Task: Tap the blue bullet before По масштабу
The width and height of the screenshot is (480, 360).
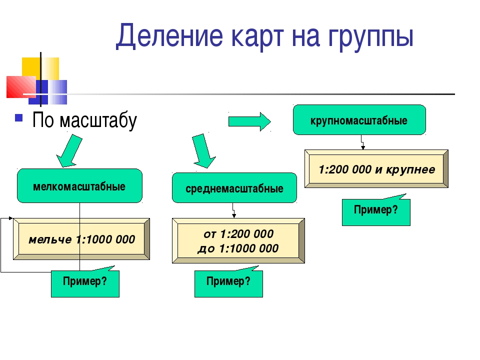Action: [19, 118]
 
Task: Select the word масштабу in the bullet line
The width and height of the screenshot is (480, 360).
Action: [98, 120]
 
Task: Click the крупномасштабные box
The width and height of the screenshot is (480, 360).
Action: [359, 119]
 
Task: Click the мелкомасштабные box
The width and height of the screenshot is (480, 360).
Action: [79, 186]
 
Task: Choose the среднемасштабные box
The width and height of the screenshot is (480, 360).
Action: [234, 187]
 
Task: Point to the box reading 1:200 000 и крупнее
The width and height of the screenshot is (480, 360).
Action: [376, 168]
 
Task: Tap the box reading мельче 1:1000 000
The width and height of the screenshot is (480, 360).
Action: [81, 239]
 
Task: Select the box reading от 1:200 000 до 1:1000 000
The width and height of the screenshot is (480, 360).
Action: [238, 240]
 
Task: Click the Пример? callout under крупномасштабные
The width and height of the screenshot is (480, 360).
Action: [376, 210]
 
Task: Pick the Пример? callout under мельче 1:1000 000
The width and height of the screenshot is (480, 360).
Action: [85, 282]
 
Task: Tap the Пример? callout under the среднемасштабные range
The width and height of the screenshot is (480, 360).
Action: [228, 282]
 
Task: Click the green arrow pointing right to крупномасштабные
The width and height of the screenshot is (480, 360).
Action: [249, 121]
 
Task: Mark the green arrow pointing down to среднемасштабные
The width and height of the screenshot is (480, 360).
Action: [203, 151]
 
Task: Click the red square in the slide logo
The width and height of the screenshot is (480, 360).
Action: [21, 87]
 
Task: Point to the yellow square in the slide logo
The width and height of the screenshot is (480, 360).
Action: [40, 69]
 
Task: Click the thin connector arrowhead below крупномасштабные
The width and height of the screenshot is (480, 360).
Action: [363, 148]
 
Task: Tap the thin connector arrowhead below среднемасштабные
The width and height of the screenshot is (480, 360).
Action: [234, 216]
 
